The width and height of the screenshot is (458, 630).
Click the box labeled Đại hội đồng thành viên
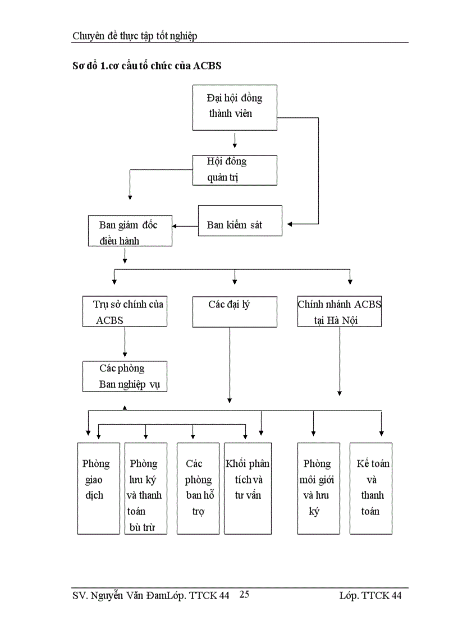pos(235,108)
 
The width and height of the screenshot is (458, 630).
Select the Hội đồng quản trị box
pos(235,170)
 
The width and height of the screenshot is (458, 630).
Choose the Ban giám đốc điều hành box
pos(130,231)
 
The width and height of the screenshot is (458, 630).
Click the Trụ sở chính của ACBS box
pos(125,312)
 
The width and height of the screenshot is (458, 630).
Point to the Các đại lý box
pos(235,312)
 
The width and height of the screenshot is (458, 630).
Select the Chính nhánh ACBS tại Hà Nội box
pos(339,312)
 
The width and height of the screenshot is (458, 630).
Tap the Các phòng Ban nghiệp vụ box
pos(125,376)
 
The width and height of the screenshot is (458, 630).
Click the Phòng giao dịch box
pos(98,488)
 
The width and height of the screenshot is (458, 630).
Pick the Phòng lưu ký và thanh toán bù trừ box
pos(145,488)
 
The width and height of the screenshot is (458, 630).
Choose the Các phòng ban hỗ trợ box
pos(198,488)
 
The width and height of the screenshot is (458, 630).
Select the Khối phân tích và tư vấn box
pos(247,488)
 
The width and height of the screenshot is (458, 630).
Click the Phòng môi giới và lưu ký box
pos(318,488)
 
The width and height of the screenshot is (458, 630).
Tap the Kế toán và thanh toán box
pos(370,488)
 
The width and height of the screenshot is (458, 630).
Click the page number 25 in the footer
pos(244,595)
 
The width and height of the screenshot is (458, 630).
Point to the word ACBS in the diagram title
pos(207,66)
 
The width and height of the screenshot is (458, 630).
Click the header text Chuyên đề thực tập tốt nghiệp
pos(135,36)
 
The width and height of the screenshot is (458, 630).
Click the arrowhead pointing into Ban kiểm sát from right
pos(290,224)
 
